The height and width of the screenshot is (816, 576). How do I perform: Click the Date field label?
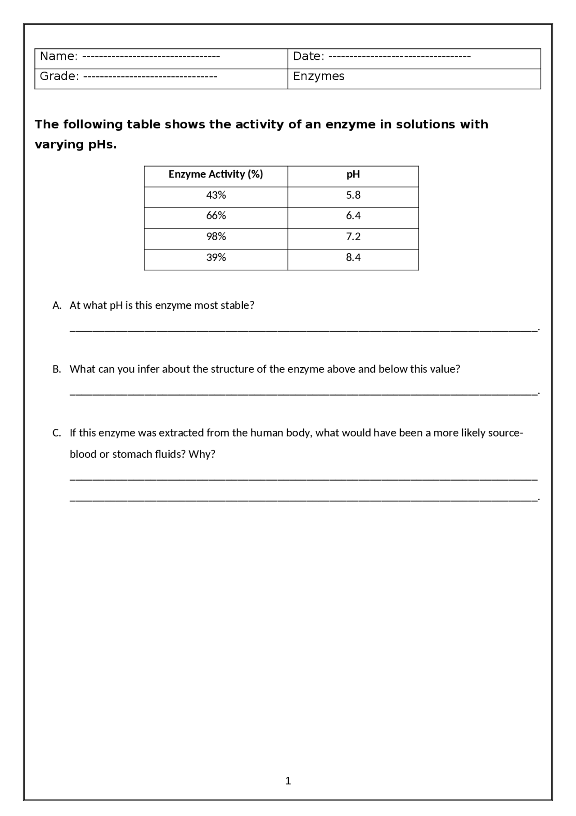tap(308, 56)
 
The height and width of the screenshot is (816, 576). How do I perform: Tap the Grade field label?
tap(59, 76)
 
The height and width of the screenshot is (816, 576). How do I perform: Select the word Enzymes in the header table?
tap(319, 76)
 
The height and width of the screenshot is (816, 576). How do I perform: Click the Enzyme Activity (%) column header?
tap(216, 174)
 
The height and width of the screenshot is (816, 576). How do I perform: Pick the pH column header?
tap(353, 174)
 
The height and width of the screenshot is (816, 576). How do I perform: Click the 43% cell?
tap(216, 195)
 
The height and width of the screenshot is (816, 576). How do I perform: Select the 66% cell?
tap(216, 216)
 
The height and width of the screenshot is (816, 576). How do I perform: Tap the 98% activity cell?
tap(216, 237)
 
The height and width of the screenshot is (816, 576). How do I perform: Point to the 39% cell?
tap(216, 257)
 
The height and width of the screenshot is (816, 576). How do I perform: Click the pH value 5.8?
tap(353, 195)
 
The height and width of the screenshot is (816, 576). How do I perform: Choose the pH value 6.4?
tap(353, 216)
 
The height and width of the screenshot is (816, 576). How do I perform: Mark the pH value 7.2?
tap(353, 237)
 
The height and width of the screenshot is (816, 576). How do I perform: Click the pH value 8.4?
tap(353, 257)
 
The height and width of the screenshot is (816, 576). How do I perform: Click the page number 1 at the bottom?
tap(288, 781)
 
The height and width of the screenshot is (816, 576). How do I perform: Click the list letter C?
tap(56, 433)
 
